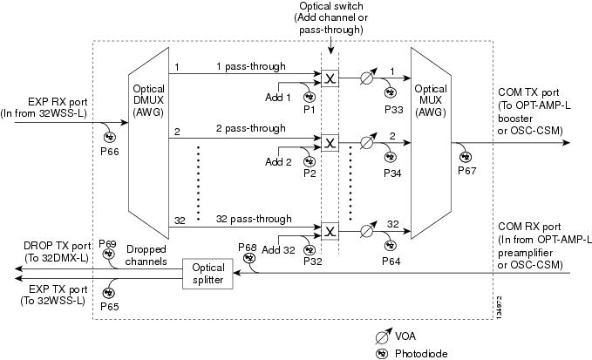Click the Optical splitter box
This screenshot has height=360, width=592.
pos(208,274)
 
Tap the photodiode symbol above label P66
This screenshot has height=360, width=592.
pos(110,137)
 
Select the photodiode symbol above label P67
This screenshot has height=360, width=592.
pos(466,157)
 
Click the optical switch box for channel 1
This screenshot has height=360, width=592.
pos(330,78)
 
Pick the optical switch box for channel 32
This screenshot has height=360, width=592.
pos(330,231)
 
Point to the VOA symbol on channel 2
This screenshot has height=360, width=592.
pos(367,141)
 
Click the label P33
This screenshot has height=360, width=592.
pos(394,110)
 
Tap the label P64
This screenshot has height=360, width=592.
pos(391,262)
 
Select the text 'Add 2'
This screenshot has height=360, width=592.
pos(278,162)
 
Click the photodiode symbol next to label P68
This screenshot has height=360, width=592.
pos(248,258)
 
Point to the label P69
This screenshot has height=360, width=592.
pos(107,243)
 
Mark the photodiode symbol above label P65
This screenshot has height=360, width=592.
pos(109,293)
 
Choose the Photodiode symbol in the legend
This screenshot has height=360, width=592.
pos(381,354)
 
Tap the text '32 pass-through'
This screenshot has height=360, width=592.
pos(254,219)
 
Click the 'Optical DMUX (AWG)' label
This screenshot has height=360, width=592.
pos(149,100)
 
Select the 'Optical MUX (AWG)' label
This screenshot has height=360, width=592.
pos(431,100)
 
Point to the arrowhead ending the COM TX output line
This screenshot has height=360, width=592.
pos(567,143)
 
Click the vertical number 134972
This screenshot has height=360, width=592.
pos(499,307)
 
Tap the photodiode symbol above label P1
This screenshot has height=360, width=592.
pos(310,97)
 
